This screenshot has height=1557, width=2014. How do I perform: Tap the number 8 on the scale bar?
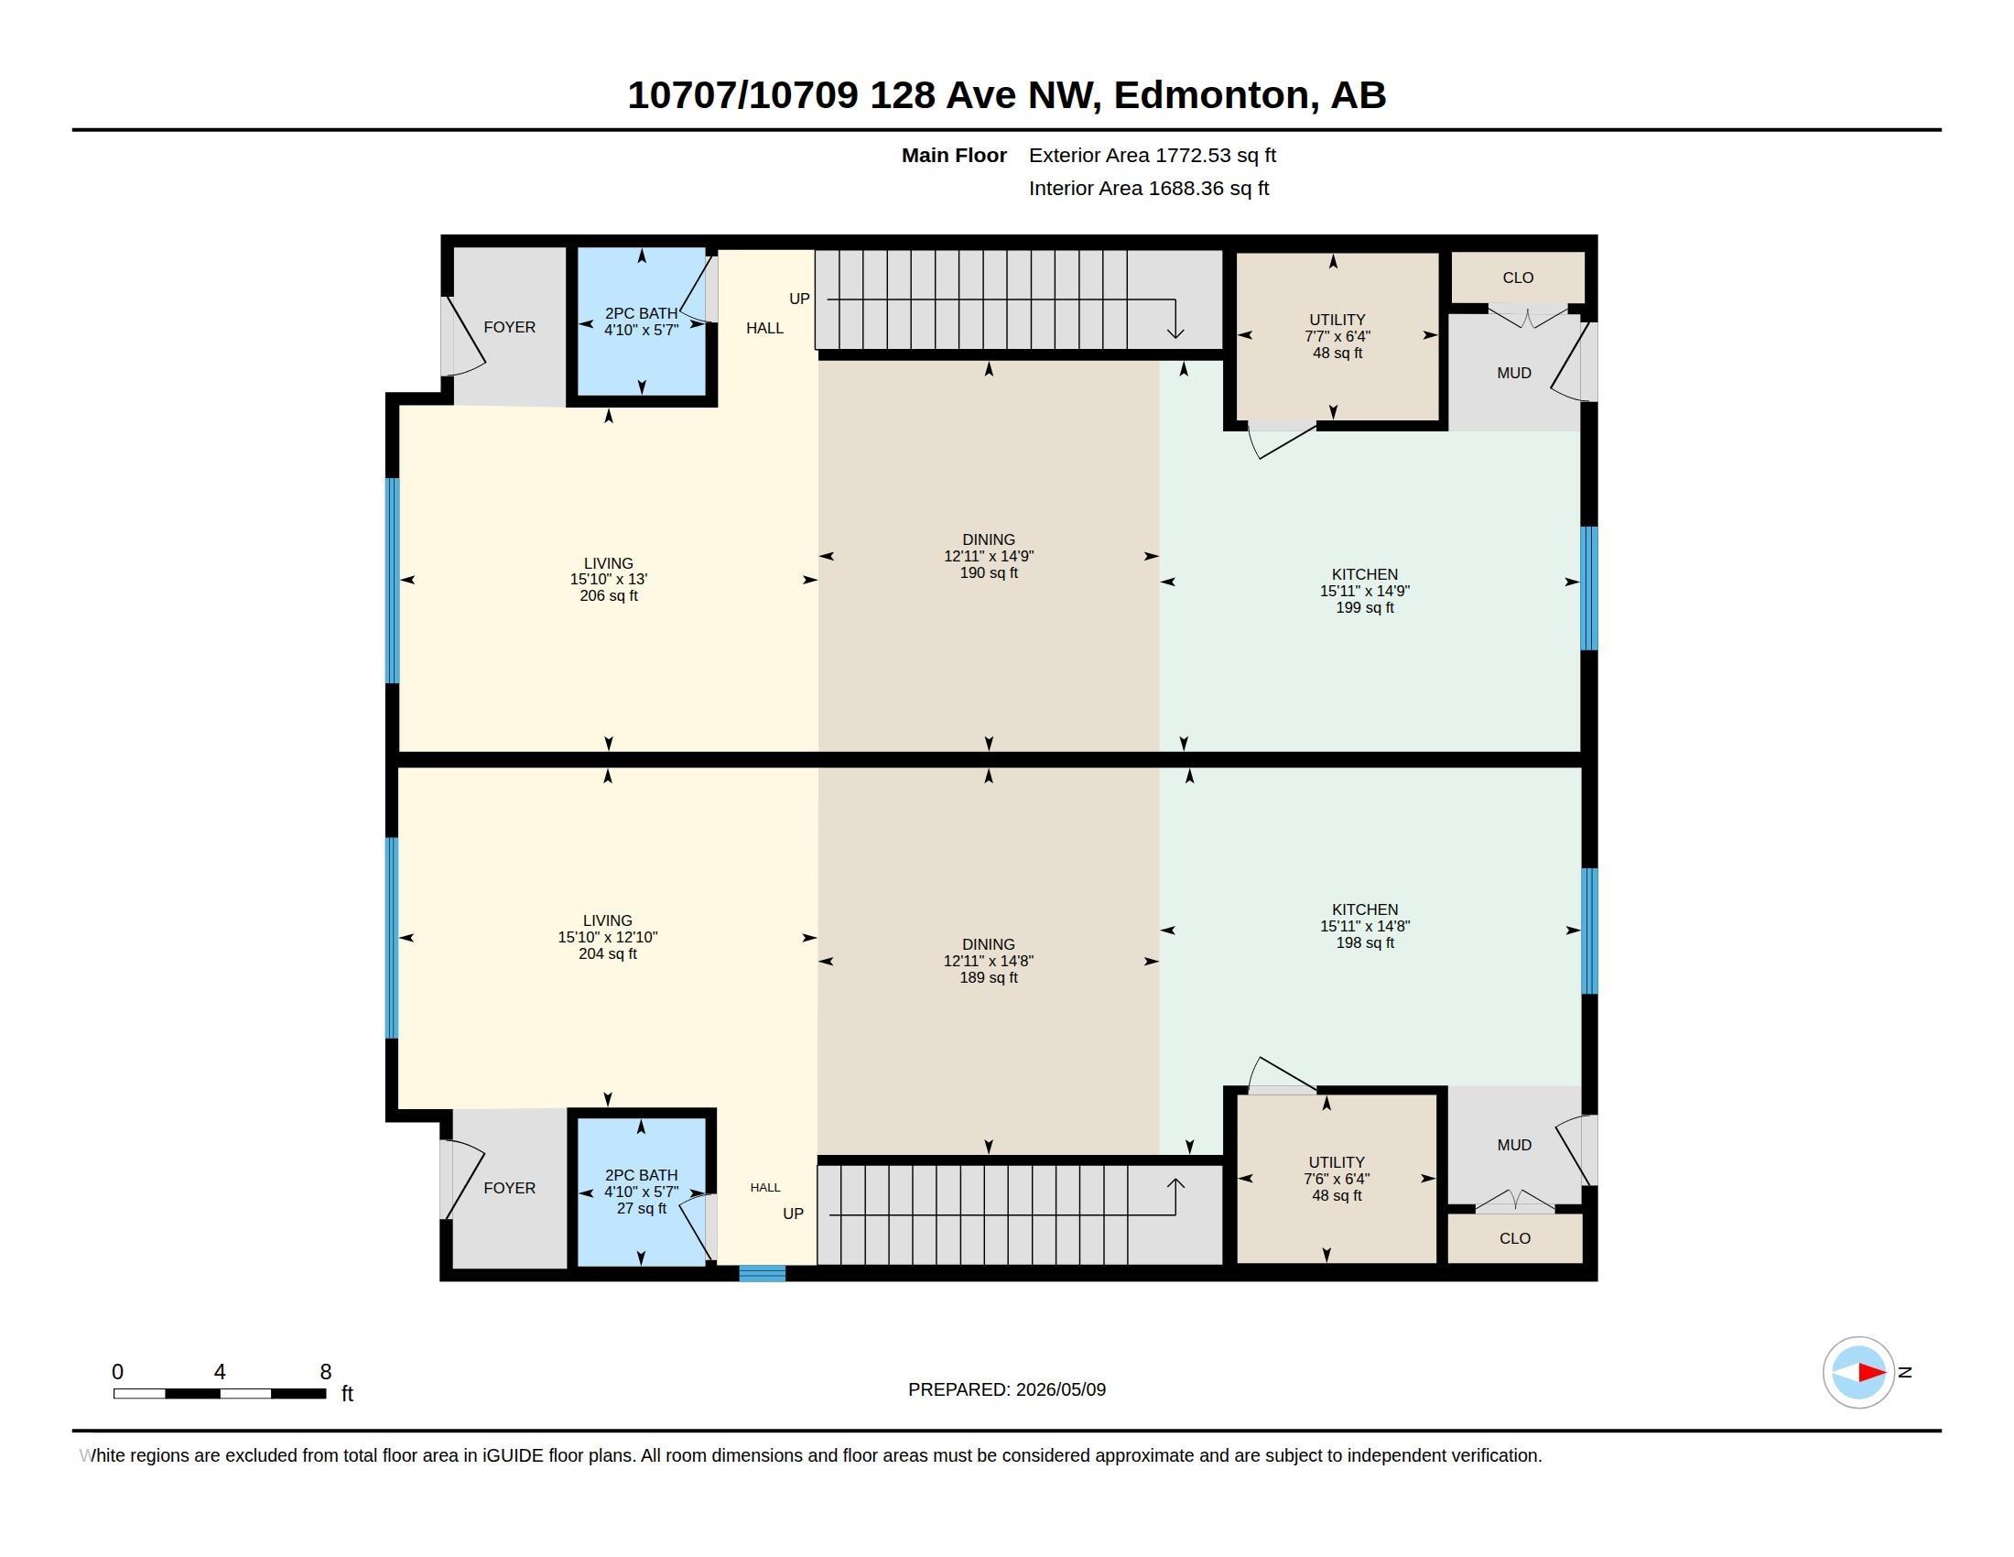326,1372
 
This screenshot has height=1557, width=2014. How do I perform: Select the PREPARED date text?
1007,1389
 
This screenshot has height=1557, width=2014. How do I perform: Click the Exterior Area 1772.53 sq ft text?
1153,155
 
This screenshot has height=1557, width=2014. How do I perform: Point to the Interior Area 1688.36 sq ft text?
1149,188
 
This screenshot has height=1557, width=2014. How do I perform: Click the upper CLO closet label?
1518,278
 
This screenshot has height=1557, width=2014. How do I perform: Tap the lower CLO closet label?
1515,1238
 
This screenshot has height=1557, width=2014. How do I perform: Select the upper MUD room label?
1514,373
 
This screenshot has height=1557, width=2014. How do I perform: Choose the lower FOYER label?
509,1188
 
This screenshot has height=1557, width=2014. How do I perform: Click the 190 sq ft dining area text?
989,572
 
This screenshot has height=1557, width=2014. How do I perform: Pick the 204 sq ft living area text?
608,953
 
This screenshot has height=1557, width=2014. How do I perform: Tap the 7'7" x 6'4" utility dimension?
1337,337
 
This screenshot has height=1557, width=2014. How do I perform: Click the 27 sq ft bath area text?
641,1208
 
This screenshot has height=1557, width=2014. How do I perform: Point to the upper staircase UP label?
799,299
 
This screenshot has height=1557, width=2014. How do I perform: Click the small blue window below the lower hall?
763,1274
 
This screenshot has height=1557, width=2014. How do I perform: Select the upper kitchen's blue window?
1589,589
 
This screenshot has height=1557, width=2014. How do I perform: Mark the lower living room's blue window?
392,938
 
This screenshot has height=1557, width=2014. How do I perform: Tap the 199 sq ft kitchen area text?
1365,608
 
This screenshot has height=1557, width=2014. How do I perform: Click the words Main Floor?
954,155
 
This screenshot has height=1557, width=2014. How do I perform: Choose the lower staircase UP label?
793,1214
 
